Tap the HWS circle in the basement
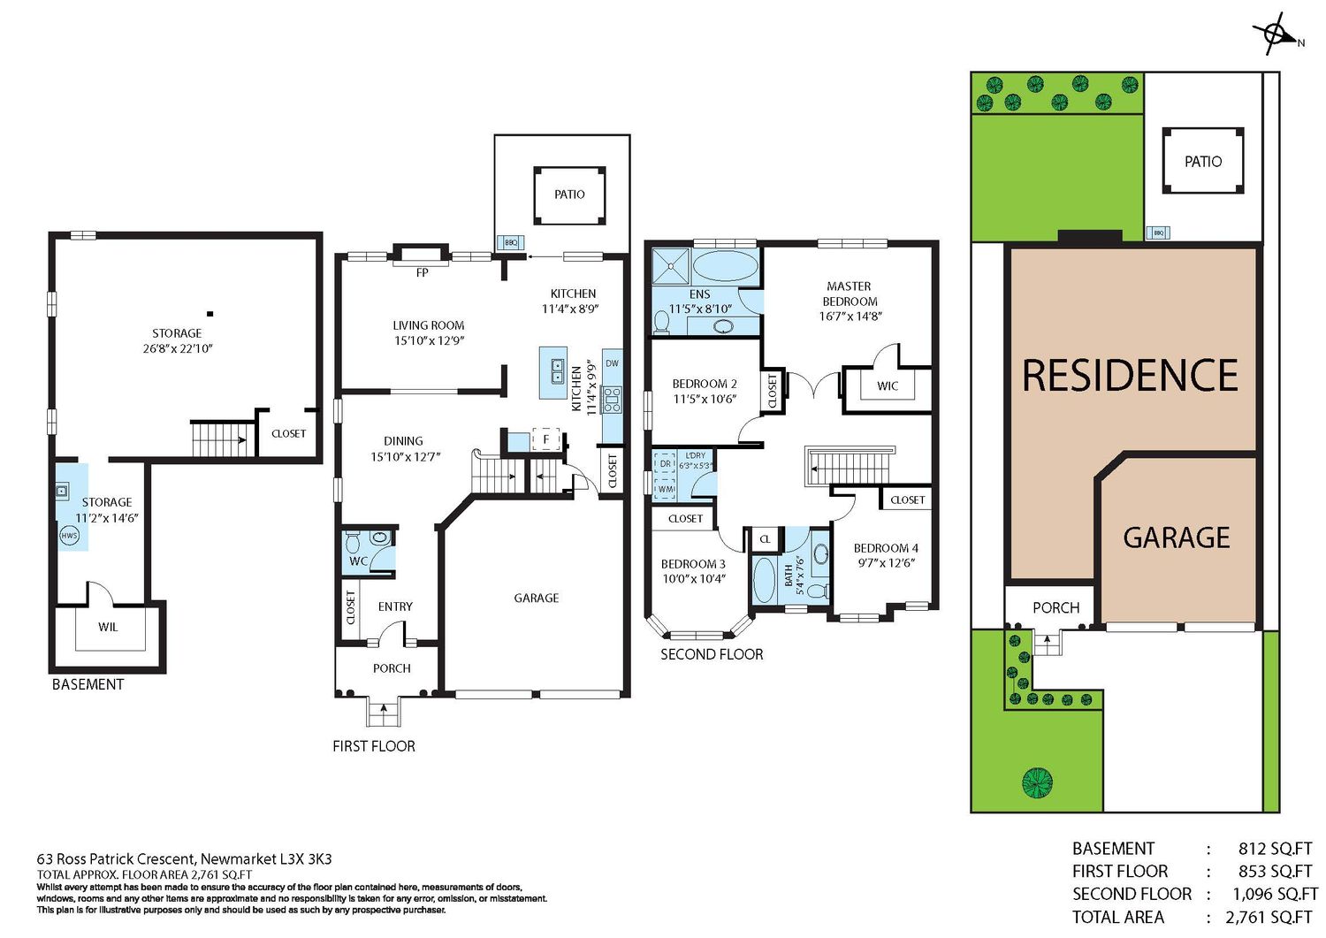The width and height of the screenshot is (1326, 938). [69, 536]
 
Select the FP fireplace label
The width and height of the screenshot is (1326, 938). [422, 272]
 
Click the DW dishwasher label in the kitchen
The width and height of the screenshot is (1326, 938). [612, 363]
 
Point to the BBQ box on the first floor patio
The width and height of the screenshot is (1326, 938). [510, 242]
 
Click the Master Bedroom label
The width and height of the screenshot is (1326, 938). [850, 294]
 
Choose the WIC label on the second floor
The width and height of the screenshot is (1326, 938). [888, 386]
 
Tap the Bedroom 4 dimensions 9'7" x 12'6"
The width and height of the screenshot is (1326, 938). [886, 562]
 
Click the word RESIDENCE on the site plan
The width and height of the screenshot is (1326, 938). [1130, 375]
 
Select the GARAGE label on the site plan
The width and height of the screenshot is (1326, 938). [1177, 538]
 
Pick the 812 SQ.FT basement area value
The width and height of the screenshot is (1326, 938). [1275, 849]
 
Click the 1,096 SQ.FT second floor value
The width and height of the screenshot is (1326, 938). [1275, 894]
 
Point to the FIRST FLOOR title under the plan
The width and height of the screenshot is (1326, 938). [374, 746]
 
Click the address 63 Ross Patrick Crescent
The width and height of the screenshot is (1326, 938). [116, 858]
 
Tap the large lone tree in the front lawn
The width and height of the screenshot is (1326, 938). [1037, 782]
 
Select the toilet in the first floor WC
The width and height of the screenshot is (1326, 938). [353, 541]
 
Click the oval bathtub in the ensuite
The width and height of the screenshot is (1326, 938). [725, 264]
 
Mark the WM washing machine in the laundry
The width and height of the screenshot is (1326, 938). [666, 489]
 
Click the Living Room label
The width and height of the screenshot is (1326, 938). [429, 325]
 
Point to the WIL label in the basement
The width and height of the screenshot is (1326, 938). [108, 627]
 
